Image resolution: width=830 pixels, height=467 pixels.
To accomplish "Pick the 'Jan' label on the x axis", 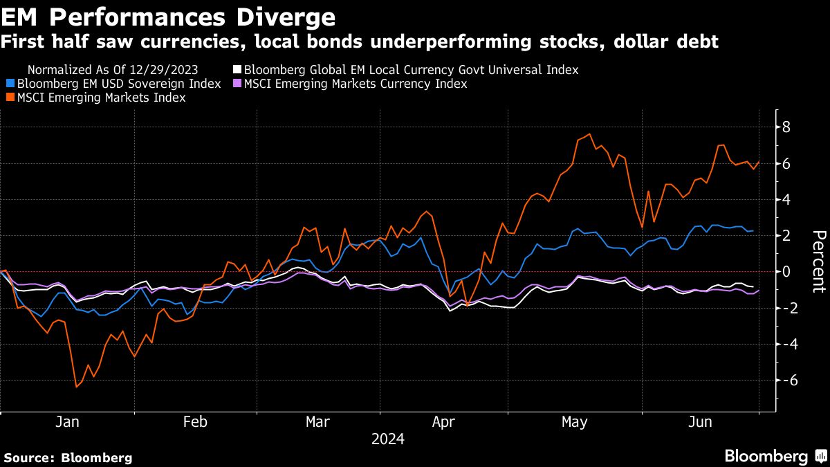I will [x=66, y=422].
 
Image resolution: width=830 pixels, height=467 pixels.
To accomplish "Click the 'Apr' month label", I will [x=443, y=422].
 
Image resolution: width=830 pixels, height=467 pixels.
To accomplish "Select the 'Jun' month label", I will [x=701, y=422].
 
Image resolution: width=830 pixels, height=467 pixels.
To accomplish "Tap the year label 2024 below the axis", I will [x=387, y=439].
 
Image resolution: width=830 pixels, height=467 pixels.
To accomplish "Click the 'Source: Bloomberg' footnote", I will [x=68, y=457].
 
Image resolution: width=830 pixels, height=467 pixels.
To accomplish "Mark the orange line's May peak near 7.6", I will [x=589, y=134].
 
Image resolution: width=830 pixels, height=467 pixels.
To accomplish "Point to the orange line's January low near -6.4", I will [x=76, y=387].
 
